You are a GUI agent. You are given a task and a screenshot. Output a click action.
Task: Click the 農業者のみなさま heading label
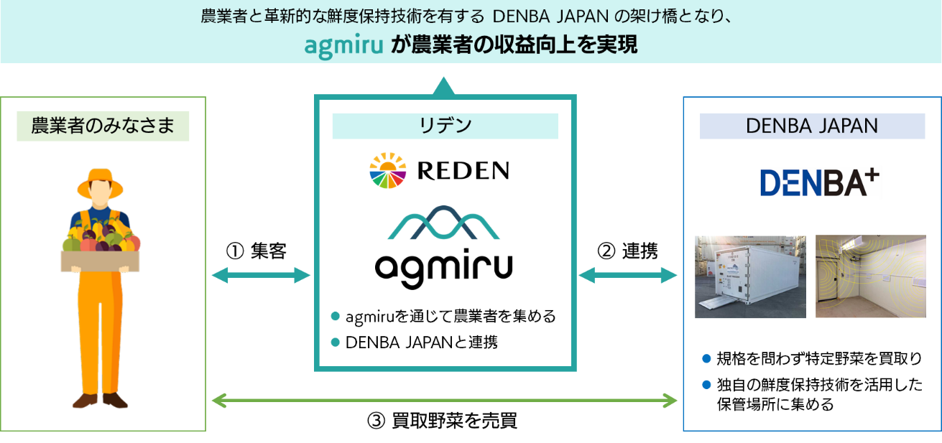click(x=103, y=126)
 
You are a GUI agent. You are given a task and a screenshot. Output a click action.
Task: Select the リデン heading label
click(x=445, y=126)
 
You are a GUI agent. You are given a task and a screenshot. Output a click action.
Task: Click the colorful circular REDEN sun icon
click(x=388, y=170)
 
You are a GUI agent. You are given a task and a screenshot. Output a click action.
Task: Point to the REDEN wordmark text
click(x=463, y=171)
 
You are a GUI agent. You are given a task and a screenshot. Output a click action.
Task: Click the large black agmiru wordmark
click(x=444, y=269)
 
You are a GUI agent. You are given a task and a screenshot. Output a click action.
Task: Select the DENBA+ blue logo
click(x=819, y=182)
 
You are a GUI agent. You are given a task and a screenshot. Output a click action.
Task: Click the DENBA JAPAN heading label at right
click(x=812, y=126)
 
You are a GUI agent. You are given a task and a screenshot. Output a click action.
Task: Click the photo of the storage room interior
click(x=870, y=276)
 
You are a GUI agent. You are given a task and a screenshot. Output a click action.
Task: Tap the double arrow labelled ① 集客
click(x=261, y=275)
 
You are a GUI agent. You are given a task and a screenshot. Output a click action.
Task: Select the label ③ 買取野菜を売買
click(x=443, y=421)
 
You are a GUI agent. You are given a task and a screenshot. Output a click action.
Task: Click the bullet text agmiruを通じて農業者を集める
click(x=450, y=317)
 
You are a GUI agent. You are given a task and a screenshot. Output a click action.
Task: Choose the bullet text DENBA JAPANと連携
click(x=421, y=342)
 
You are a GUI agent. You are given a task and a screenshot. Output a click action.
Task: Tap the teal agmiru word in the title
click(x=344, y=45)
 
